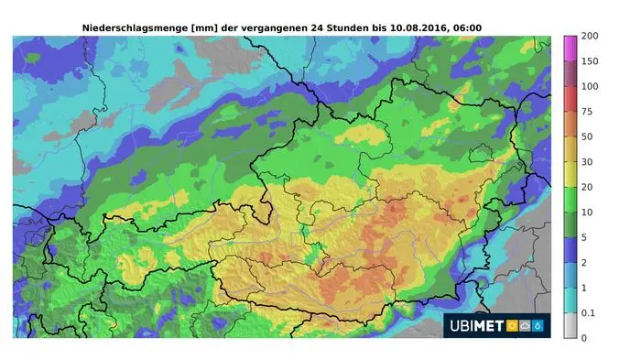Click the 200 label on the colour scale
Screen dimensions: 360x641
click(590, 36)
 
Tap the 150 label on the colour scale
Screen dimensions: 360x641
click(590, 61)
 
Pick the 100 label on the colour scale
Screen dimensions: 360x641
click(590, 86)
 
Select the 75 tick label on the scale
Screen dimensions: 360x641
click(587, 112)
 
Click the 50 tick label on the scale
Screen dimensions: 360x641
click(587, 136)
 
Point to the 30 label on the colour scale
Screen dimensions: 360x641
click(587, 162)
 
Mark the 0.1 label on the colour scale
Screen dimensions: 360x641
click(588, 313)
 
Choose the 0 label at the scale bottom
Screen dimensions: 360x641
click(583, 338)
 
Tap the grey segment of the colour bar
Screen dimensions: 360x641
click(569, 325)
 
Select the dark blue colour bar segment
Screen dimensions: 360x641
click(569, 249)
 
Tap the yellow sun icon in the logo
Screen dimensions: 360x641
click(512, 325)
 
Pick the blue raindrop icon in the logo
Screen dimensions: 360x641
click(538, 325)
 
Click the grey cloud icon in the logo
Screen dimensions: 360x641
click(526, 325)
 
